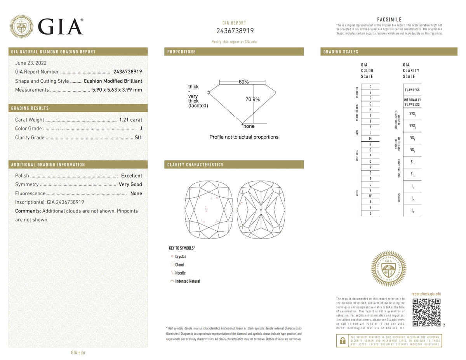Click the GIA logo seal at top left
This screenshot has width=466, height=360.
point(21,26)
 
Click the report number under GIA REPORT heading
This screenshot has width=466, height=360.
point(235,31)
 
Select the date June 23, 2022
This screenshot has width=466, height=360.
point(31,63)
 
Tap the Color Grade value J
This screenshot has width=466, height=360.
point(141,129)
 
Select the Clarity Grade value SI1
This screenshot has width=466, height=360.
point(138,137)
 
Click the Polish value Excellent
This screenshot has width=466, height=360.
point(131,176)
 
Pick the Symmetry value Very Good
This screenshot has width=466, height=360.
point(130,184)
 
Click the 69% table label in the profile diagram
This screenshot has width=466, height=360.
point(243,82)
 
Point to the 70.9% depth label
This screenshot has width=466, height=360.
point(252,99)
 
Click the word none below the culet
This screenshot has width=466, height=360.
point(249,126)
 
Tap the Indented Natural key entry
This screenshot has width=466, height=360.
point(188,281)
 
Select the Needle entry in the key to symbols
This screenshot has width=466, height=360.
point(180,273)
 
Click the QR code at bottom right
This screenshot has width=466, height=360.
point(426,312)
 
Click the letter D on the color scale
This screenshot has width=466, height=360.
point(370,87)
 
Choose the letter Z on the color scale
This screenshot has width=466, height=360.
point(370,213)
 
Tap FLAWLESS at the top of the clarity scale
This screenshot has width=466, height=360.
point(412,90)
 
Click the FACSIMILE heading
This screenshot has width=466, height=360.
point(389,20)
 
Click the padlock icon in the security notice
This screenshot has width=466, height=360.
point(342,341)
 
